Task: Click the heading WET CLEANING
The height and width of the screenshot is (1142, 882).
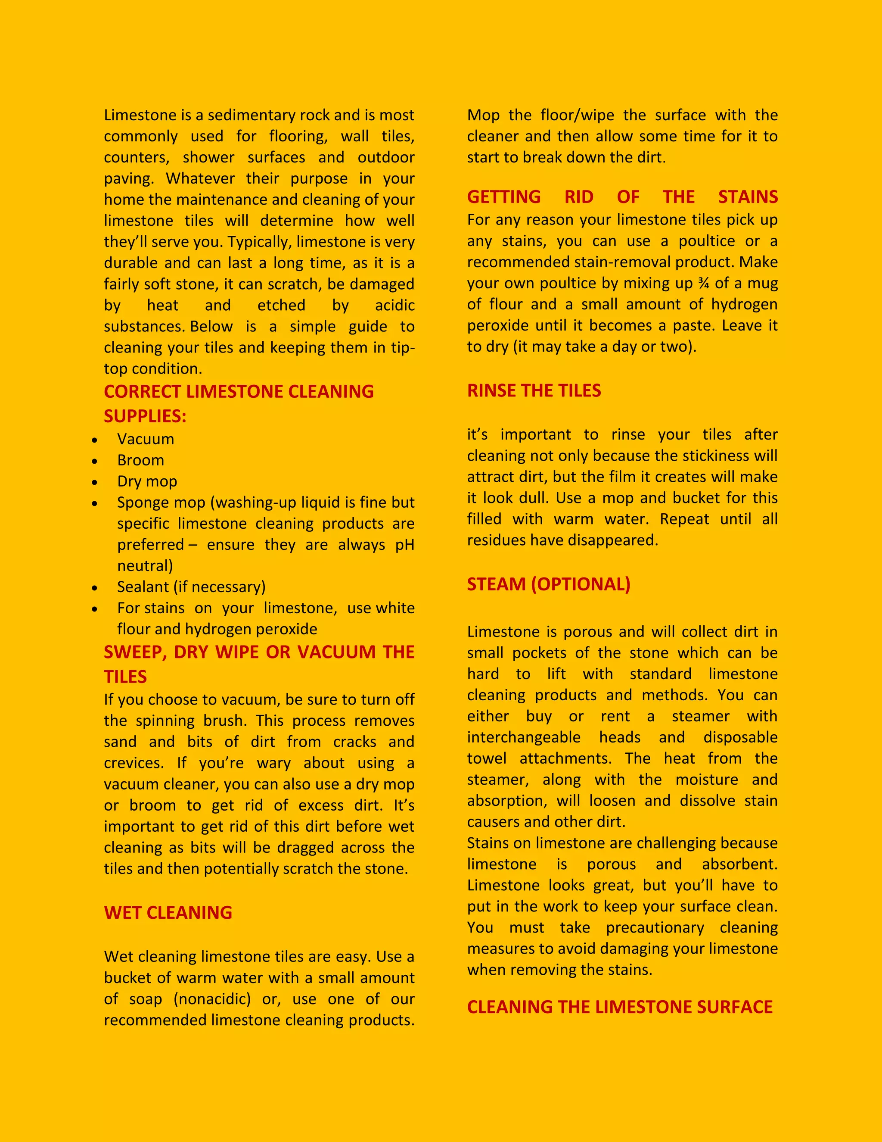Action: pyautogui.click(x=168, y=912)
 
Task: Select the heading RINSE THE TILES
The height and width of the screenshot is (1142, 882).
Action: pyautogui.click(x=534, y=390)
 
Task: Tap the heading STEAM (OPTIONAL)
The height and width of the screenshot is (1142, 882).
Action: pyautogui.click(x=548, y=584)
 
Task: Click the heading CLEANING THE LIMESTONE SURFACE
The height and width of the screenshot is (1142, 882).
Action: pyautogui.click(x=619, y=1007)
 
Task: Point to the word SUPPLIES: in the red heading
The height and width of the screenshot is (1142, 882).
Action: pyautogui.click(x=145, y=416)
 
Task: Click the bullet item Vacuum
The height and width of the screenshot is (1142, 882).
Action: pyautogui.click(x=145, y=439)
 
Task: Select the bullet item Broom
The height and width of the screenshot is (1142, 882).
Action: pyautogui.click(x=140, y=460)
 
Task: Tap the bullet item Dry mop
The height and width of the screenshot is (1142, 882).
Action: pyautogui.click(x=147, y=481)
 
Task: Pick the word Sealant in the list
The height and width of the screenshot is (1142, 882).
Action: pyautogui.click(x=143, y=587)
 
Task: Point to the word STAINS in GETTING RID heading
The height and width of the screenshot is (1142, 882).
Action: pyautogui.click(x=748, y=197)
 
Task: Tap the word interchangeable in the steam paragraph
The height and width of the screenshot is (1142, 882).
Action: pyautogui.click(x=524, y=737)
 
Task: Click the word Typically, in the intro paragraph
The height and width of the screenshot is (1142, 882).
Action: pyautogui.click(x=260, y=242)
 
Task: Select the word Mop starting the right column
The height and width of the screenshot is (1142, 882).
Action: pyautogui.click(x=483, y=115)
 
